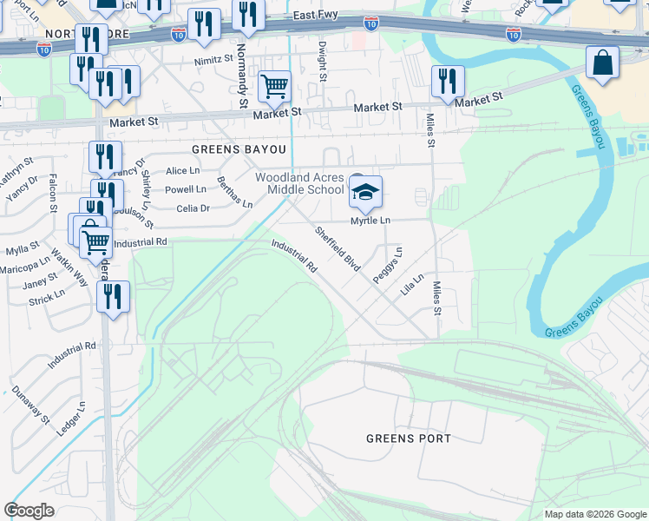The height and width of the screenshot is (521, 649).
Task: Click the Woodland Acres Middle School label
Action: tap(299, 183)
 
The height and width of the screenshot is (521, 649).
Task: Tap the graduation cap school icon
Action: tap(365, 192)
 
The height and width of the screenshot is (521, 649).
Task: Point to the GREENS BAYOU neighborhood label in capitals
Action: tap(226, 148)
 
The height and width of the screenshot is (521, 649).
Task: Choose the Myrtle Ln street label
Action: tap(370, 221)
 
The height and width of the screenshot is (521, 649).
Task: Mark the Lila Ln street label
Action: tap(412, 285)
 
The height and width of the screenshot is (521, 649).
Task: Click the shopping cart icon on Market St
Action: tap(274, 86)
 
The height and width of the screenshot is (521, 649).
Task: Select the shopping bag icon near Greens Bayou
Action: tap(602, 63)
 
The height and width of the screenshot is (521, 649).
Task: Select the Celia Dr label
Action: tap(193, 208)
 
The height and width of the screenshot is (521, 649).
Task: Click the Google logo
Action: tap(29, 511)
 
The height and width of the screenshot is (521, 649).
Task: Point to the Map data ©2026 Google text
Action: tap(594, 514)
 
